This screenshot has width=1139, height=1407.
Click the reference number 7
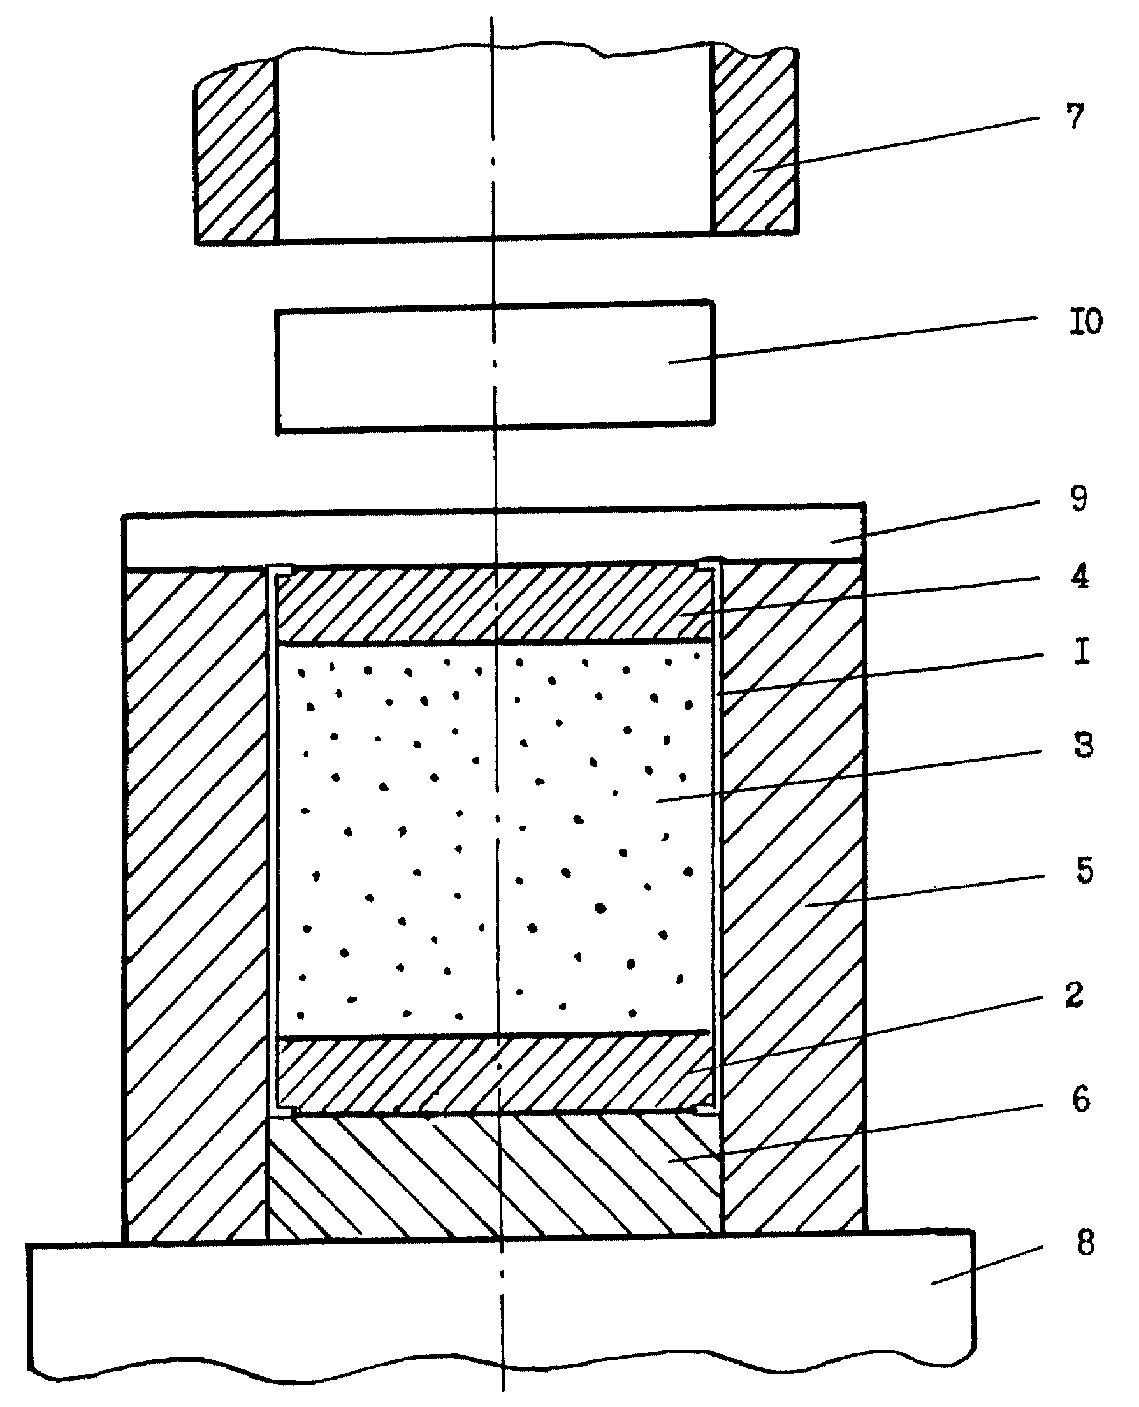(1075, 116)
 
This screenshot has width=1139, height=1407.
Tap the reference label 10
(1086, 321)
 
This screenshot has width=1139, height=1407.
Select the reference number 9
(1078, 498)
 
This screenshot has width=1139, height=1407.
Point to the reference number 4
(1079, 576)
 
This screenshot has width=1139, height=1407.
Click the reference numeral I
(1082, 652)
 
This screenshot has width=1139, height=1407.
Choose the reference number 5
(1085, 870)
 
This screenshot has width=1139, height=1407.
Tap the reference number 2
(1074, 995)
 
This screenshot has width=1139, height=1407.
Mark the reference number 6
(1081, 1098)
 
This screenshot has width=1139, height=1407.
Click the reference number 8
(1086, 1243)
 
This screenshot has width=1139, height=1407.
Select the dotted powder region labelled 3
(495, 839)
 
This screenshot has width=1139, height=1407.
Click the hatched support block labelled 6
(495, 1176)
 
